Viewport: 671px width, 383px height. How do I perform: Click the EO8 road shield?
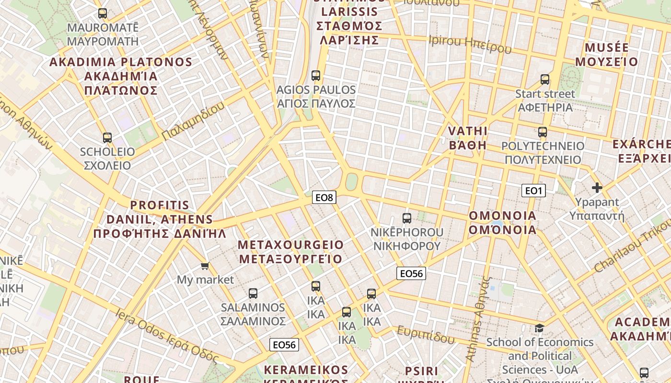(324, 197)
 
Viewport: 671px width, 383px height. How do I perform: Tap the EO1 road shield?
(533, 191)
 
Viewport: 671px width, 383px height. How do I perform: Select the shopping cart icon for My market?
(205, 266)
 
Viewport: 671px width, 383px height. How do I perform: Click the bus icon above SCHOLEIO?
(107, 138)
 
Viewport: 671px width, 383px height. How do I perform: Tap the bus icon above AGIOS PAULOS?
(316, 75)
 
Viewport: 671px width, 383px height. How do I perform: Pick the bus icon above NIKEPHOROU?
(407, 218)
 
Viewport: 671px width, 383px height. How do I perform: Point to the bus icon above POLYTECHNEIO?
(543, 132)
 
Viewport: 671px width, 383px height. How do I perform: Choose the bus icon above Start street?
(545, 79)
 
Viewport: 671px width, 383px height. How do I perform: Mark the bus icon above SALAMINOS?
(253, 293)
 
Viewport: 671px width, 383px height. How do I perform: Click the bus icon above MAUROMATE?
(103, 13)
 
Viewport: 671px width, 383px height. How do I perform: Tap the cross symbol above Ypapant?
(597, 188)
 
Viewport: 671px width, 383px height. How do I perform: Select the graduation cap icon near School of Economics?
(540, 328)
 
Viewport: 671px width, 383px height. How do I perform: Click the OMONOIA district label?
(502, 223)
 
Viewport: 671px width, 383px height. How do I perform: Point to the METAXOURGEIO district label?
(291, 252)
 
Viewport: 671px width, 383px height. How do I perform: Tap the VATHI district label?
(468, 138)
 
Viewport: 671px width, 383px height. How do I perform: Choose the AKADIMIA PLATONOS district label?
(121, 76)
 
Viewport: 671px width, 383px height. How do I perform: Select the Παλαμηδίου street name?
(193, 121)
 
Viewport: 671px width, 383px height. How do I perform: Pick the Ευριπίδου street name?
(426, 335)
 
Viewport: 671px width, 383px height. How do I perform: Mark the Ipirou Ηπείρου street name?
(470, 44)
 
